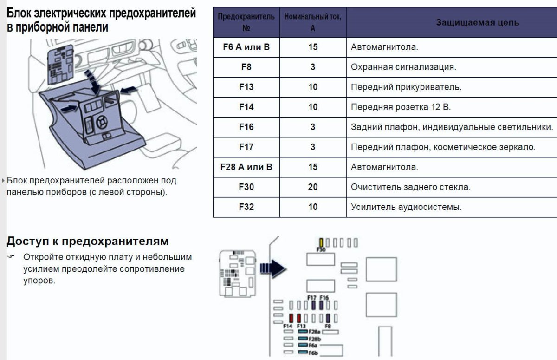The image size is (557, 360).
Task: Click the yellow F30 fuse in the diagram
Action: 321,242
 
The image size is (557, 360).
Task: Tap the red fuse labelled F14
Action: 291,318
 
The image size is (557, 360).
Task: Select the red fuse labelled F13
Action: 299,318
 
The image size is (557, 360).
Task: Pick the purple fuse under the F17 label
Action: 314,305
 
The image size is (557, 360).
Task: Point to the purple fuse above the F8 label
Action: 328,318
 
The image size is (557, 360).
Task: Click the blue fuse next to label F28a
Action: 303,332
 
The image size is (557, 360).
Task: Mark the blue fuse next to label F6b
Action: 303,353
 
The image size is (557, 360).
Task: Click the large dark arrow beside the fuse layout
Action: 272,268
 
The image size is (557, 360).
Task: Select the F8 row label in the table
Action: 246,67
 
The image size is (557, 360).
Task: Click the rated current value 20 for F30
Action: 313,187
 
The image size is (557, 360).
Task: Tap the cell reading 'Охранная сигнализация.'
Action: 403,67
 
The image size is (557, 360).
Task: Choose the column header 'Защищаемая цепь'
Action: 477,22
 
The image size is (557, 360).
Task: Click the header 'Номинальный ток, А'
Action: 313,22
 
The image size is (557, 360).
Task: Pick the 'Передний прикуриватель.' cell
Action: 406,87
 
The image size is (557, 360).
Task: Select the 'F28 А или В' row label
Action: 246,167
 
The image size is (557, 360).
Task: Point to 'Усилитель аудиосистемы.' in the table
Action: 406,207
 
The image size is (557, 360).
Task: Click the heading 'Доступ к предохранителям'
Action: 87,241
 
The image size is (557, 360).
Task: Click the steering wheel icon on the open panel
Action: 102,122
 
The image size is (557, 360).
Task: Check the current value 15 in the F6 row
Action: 313,47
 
